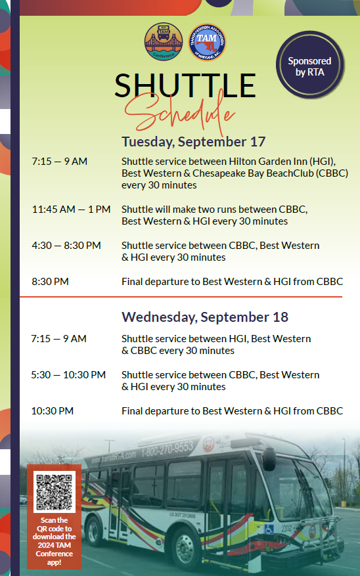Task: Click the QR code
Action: (55, 492)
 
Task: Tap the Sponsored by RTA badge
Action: (310, 66)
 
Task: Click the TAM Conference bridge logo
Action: (164, 42)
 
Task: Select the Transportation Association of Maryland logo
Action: (207, 42)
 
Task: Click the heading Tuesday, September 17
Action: (194, 142)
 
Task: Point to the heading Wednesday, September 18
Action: (205, 317)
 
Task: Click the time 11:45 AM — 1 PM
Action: (71, 210)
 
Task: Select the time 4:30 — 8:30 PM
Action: (66, 246)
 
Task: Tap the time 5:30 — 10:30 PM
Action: (68, 374)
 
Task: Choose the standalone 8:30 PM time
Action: (51, 281)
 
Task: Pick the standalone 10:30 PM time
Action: (53, 410)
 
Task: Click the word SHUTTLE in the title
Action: (185, 85)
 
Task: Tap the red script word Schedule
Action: (179, 112)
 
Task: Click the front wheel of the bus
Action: (185, 547)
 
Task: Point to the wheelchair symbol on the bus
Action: (269, 529)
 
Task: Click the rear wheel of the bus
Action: (94, 530)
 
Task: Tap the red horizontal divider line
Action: (181, 296)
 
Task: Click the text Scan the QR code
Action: (54, 524)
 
